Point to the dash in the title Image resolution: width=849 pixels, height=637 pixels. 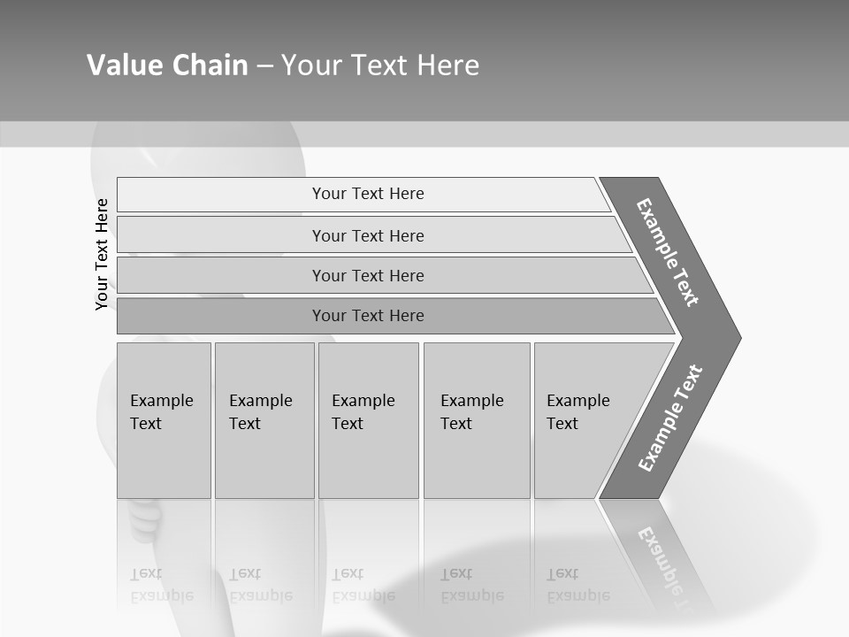264,66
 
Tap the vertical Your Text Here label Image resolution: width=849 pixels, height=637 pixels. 102,254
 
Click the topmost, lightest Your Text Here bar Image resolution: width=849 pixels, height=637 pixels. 368,194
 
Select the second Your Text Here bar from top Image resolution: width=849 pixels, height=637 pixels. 368,235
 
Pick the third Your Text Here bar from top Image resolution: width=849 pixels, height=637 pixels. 368,275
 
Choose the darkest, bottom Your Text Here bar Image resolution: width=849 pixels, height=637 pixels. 368,316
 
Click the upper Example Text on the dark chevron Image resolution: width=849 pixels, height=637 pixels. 668,252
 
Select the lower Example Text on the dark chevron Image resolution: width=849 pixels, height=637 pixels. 670,418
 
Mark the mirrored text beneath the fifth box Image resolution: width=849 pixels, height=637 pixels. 577,585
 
